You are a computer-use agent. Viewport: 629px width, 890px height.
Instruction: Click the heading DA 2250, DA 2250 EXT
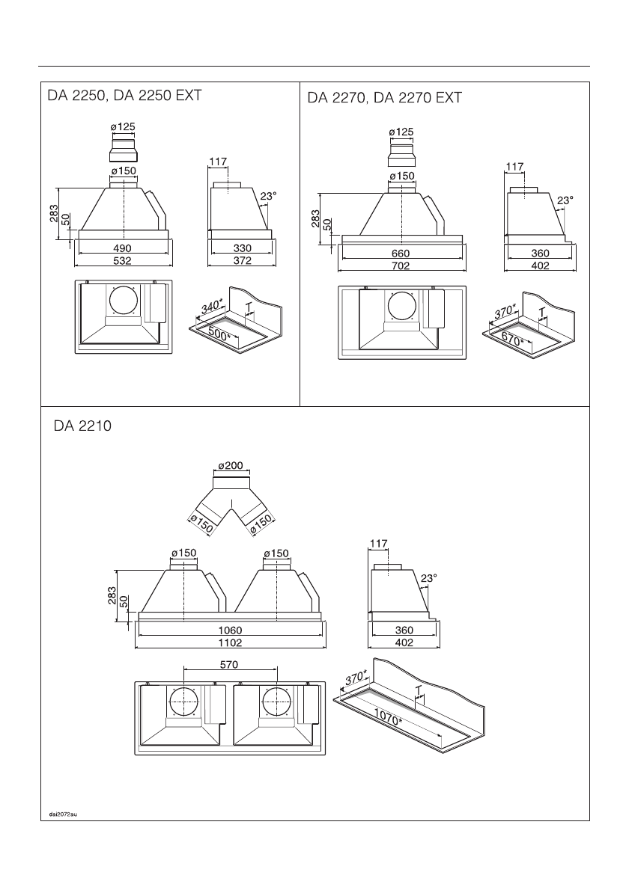[x=124, y=96]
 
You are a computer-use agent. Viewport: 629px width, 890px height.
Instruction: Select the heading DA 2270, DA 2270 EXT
[x=385, y=98]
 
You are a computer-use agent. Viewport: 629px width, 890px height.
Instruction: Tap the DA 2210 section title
[x=82, y=426]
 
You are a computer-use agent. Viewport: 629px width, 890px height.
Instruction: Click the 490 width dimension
[x=122, y=248]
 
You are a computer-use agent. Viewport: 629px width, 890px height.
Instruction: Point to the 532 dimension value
[x=122, y=260]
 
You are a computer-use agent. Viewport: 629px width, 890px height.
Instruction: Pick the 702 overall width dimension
[x=401, y=265]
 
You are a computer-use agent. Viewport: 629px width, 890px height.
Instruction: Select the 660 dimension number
[x=401, y=253]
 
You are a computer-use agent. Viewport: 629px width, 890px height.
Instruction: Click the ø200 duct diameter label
[x=231, y=466]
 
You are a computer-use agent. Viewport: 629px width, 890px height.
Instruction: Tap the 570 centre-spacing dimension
[x=229, y=664]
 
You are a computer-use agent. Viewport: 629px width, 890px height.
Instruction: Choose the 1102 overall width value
[x=230, y=642]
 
